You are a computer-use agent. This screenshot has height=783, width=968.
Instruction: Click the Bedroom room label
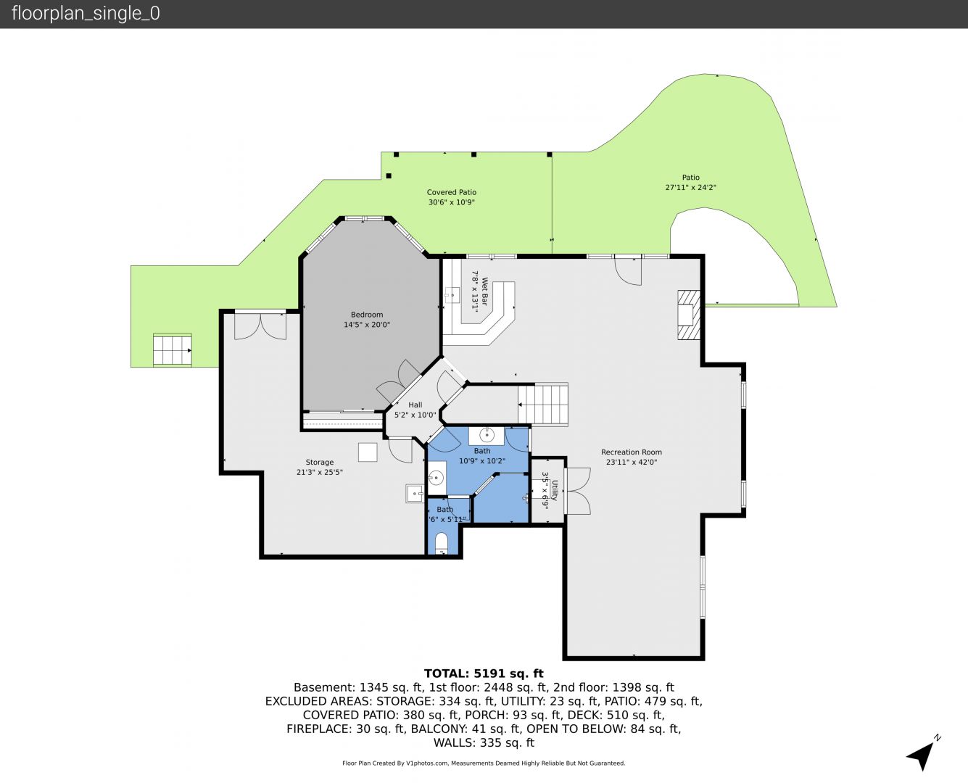tap(367, 315)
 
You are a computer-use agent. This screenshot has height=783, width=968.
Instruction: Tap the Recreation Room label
tap(632, 452)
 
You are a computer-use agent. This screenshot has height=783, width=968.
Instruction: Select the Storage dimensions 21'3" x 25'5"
tap(320, 472)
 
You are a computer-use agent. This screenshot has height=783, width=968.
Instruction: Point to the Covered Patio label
tap(451, 192)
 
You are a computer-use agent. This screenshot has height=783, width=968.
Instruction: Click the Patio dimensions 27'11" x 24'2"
tap(691, 187)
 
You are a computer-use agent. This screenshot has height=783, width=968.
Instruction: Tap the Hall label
tap(415, 405)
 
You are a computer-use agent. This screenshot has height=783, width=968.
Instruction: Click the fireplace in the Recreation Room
tap(689, 315)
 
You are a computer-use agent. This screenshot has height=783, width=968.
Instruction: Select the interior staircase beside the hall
tap(543, 404)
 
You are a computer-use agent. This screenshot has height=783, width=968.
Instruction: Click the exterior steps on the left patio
tap(173, 350)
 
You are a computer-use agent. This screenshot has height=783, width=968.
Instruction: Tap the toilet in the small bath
tap(442, 544)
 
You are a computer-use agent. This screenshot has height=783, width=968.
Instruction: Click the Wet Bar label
tap(485, 291)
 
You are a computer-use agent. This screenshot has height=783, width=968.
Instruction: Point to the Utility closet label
tap(555, 490)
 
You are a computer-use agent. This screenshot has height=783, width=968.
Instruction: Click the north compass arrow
tap(922, 755)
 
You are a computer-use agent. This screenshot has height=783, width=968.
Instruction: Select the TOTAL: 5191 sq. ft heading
tap(484, 674)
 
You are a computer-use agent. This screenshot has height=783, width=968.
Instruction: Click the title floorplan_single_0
tap(86, 14)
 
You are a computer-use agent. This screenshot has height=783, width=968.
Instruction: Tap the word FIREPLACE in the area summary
tap(318, 729)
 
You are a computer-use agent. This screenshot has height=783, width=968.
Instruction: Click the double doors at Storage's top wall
tap(260, 326)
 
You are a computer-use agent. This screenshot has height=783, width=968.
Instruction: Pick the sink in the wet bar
tap(452, 294)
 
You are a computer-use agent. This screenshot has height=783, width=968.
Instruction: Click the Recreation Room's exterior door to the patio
tap(628, 271)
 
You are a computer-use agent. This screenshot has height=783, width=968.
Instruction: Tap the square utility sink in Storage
tap(415, 493)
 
